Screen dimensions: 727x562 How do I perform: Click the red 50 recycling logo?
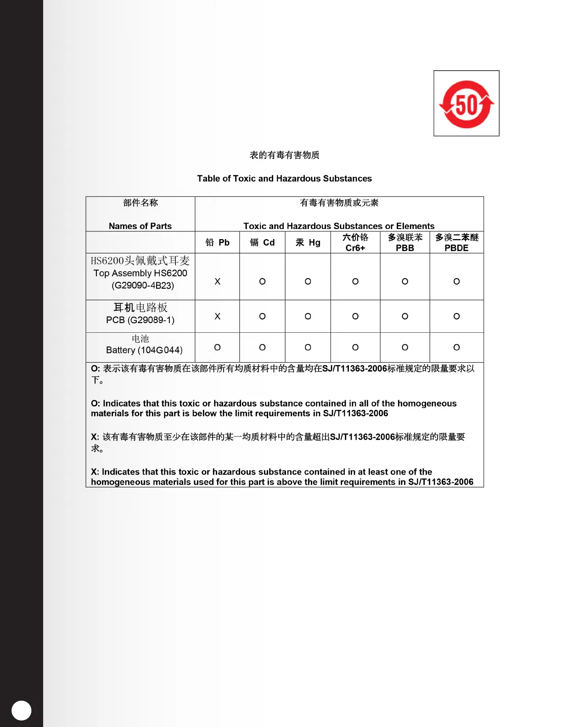coord(466,104)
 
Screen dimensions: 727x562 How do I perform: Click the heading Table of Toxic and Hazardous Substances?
coord(284,179)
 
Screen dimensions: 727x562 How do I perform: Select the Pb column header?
coord(218,242)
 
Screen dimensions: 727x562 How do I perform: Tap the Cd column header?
coord(263,242)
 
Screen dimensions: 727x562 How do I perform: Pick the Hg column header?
coord(308,242)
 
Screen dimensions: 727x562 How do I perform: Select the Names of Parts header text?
coord(140,226)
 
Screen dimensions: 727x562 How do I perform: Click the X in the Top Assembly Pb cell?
coord(218,281)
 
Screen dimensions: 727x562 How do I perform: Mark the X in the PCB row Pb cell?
coord(218,316)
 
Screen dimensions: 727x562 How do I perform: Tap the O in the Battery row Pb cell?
coord(218,347)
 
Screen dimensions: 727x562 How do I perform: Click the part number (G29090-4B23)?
coord(143,285)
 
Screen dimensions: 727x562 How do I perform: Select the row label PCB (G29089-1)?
coord(140,320)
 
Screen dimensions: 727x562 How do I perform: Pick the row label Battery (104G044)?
coord(144,350)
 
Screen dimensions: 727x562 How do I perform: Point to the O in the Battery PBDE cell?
coord(456,347)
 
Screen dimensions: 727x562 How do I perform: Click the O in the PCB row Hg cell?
coord(308,316)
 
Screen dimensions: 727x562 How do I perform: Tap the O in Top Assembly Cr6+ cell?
coord(355,281)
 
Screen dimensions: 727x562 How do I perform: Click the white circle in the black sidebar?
coord(21,710)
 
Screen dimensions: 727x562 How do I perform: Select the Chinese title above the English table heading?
coord(284,155)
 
